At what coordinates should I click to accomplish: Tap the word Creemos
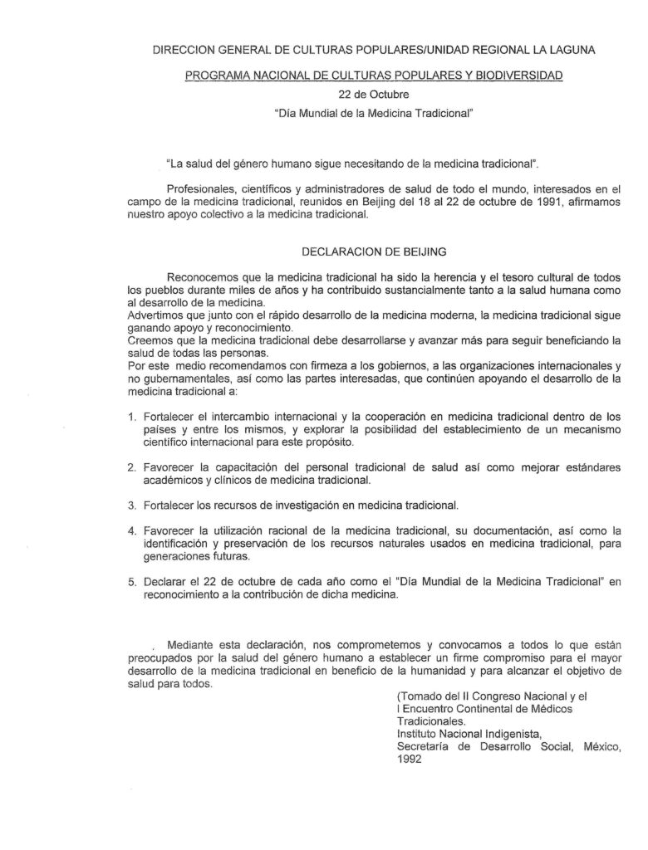[x=153, y=341]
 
